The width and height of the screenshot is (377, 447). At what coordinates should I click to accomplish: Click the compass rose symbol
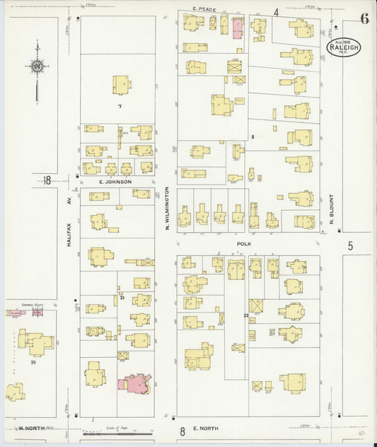click(x=36, y=67)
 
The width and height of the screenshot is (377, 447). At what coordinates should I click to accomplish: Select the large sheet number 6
click(x=364, y=19)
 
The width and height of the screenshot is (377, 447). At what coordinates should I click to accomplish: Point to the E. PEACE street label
click(x=203, y=9)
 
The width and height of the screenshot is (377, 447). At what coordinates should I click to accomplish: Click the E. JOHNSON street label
click(x=115, y=182)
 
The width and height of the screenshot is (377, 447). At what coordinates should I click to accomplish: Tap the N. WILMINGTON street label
click(x=168, y=208)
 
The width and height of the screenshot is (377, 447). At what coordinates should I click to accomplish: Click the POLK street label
click(x=245, y=242)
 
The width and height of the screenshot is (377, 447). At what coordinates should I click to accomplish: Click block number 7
click(x=120, y=107)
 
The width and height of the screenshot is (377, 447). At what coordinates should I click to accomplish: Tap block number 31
click(x=33, y=362)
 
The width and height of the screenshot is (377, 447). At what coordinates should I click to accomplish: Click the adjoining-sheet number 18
click(x=47, y=180)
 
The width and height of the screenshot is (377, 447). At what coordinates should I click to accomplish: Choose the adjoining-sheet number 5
click(x=349, y=246)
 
